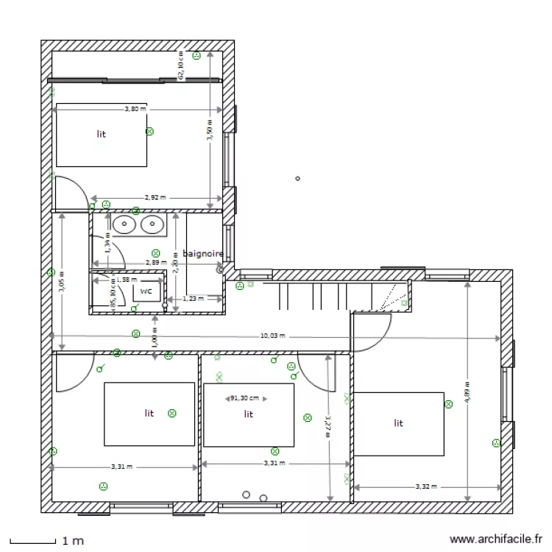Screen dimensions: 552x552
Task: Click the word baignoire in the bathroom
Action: pos(202,253)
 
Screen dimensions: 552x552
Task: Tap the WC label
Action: pos(146,291)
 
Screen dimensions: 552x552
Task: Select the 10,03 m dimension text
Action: pos(272,336)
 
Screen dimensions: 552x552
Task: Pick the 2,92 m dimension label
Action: pos(155,197)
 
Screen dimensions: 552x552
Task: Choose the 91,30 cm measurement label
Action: pos(245,398)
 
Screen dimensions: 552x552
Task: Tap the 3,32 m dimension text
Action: pos(426,486)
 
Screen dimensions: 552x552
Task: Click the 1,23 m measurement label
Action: pos(192,298)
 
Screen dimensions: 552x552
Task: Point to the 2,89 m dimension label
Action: pos(155,262)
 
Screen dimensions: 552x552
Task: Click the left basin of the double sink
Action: pos(123,224)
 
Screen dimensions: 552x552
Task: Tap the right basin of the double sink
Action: pos(152,224)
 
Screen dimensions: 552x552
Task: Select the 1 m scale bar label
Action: pos(72,541)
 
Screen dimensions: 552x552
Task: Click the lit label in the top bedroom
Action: pos(101,134)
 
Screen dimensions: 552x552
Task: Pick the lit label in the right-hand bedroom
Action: pos(398,423)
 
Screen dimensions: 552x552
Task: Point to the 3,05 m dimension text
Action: pos(63,279)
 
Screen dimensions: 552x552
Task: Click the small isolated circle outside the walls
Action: pos(297,178)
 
